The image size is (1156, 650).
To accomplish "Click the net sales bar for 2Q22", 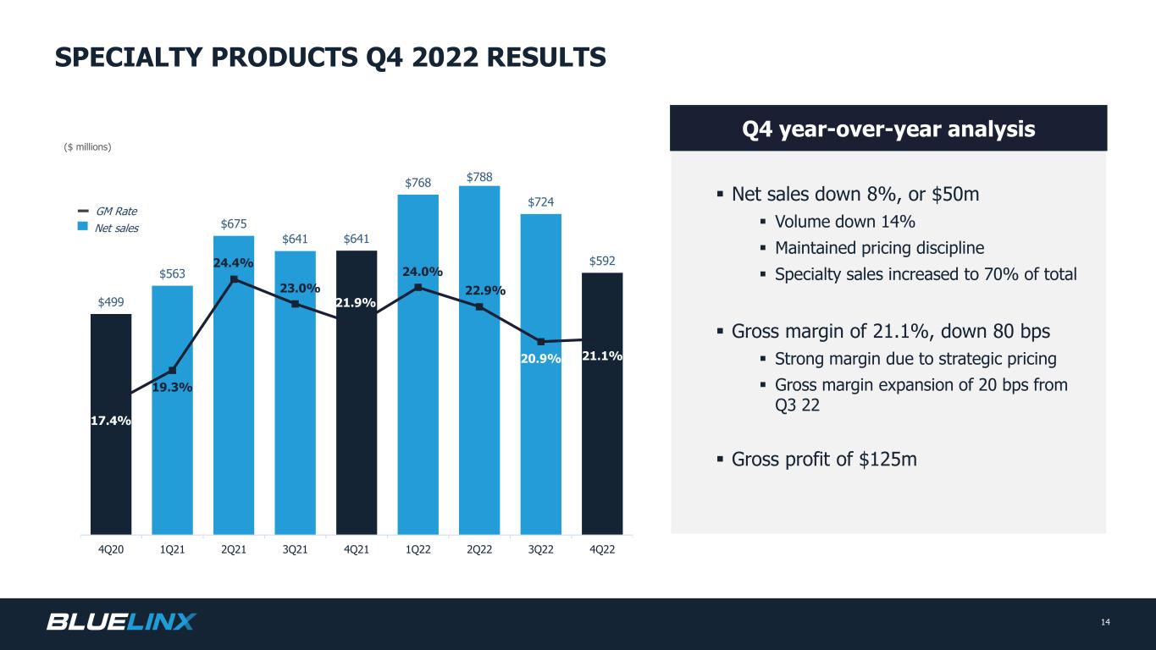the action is tap(479, 360).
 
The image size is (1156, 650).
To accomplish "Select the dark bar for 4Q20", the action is tap(111, 424).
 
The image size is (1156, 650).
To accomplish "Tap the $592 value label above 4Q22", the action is tap(602, 261).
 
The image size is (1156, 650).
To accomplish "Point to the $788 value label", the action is tap(479, 178).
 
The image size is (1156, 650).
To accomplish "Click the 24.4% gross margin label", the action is tap(233, 262).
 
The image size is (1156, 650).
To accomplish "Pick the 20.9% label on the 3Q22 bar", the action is tap(540, 359).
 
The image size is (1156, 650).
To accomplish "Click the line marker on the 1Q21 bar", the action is tap(173, 371).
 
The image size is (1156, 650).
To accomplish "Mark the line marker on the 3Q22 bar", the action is tap(541, 342).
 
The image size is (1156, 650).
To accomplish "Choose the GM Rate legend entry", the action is tap(108, 211).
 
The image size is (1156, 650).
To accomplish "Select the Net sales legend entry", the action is tap(108, 228).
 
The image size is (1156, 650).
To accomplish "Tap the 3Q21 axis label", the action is tap(296, 550).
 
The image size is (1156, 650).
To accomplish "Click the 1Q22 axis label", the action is tap(418, 550).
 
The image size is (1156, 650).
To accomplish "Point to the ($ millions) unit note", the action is tap(87, 147).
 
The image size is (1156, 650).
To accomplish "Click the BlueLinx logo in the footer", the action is tap(121, 621).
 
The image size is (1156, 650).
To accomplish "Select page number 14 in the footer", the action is tap(1105, 622).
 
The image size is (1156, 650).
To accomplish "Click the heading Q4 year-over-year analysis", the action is tap(888, 129).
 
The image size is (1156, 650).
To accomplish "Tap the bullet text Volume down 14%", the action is tap(845, 222).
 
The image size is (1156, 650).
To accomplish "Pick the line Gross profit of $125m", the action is tap(824, 459).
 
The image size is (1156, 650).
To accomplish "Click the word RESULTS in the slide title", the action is tap(546, 57).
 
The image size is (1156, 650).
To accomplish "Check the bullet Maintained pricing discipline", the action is tap(879, 248).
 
